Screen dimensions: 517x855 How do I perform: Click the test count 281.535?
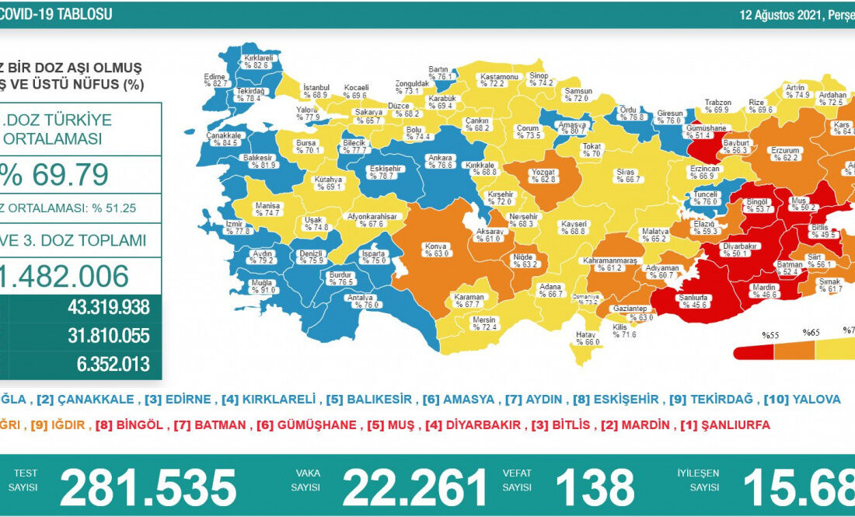(x=148, y=487)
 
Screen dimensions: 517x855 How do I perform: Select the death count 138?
(x=595, y=487)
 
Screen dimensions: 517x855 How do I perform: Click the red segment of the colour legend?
(x=754, y=351)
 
